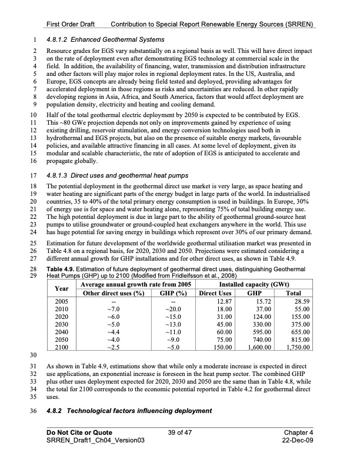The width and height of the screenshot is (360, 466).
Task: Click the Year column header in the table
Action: click(x=61, y=289)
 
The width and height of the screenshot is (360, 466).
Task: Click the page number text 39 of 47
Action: click(x=180, y=432)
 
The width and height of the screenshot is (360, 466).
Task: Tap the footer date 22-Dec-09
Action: click(x=298, y=441)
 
